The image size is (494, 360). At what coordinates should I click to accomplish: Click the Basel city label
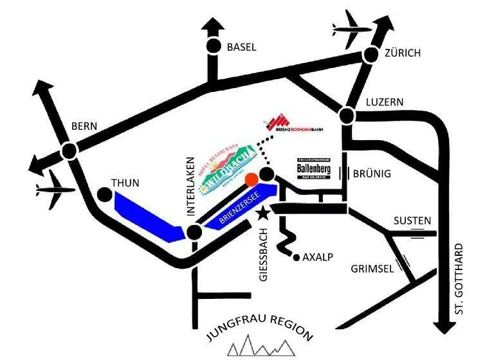click(241, 47)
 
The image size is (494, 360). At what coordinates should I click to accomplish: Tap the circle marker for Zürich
click(370, 55)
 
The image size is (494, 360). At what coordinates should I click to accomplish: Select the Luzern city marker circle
click(347, 116)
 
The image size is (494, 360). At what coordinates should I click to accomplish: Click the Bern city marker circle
click(69, 150)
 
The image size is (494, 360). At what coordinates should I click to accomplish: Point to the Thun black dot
click(104, 194)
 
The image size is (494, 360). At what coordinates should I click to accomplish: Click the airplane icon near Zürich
click(352, 28)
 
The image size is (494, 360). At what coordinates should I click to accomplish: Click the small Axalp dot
click(297, 258)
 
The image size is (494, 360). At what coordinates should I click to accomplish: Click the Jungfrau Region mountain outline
click(260, 347)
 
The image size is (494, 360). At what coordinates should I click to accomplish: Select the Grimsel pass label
click(372, 269)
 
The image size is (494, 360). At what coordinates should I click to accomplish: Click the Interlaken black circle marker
click(194, 232)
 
